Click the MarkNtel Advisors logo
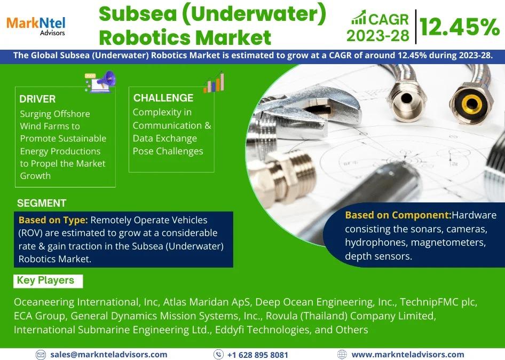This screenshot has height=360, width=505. click(36, 26)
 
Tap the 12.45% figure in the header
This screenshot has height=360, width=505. click(460, 27)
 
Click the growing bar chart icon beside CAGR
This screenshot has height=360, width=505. click(358, 18)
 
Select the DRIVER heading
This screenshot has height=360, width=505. click(37, 99)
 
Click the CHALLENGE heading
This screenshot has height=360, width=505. click(163, 98)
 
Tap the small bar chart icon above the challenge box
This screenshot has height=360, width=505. click(214, 83)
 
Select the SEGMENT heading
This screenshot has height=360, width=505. click(42, 203)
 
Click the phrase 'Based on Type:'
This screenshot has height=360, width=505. click(53, 220)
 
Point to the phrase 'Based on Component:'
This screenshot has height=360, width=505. click(398, 215)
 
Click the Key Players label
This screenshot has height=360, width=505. click(45, 280)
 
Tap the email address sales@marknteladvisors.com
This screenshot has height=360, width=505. click(108, 355)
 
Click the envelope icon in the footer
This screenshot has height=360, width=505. click(41, 355)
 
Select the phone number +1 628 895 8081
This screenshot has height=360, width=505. click(257, 355)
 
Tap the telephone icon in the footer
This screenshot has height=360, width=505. click(218, 355)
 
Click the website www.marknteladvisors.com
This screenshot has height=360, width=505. click(408, 355)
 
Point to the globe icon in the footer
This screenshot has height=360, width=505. click(342, 355)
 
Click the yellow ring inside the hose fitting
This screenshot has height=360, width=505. click(472, 104)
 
